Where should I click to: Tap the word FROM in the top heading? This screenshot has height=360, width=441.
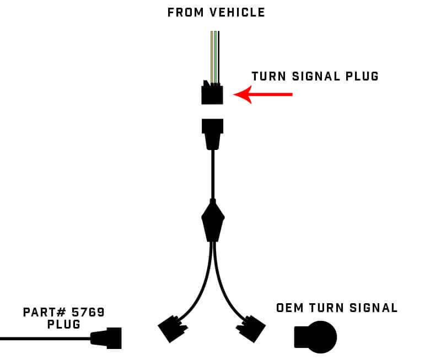(184, 12)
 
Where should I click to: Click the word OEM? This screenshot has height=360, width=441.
(290, 308)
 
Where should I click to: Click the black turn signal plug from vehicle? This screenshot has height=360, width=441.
(212, 94)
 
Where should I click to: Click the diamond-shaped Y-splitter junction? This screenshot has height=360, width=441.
(213, 221)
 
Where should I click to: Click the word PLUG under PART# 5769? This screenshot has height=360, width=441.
(64, 325)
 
